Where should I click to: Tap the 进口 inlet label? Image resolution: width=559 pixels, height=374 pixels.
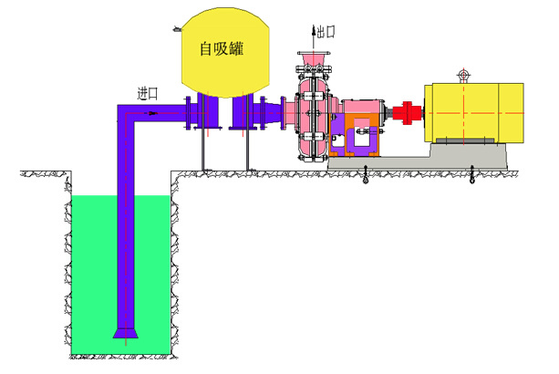point(148,92)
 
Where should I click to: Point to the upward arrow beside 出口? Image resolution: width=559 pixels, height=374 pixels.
point(313,35)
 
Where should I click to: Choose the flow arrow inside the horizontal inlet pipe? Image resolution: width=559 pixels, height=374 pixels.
point(150,113)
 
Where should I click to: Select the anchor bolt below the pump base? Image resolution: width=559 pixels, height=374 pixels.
point(366,175)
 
